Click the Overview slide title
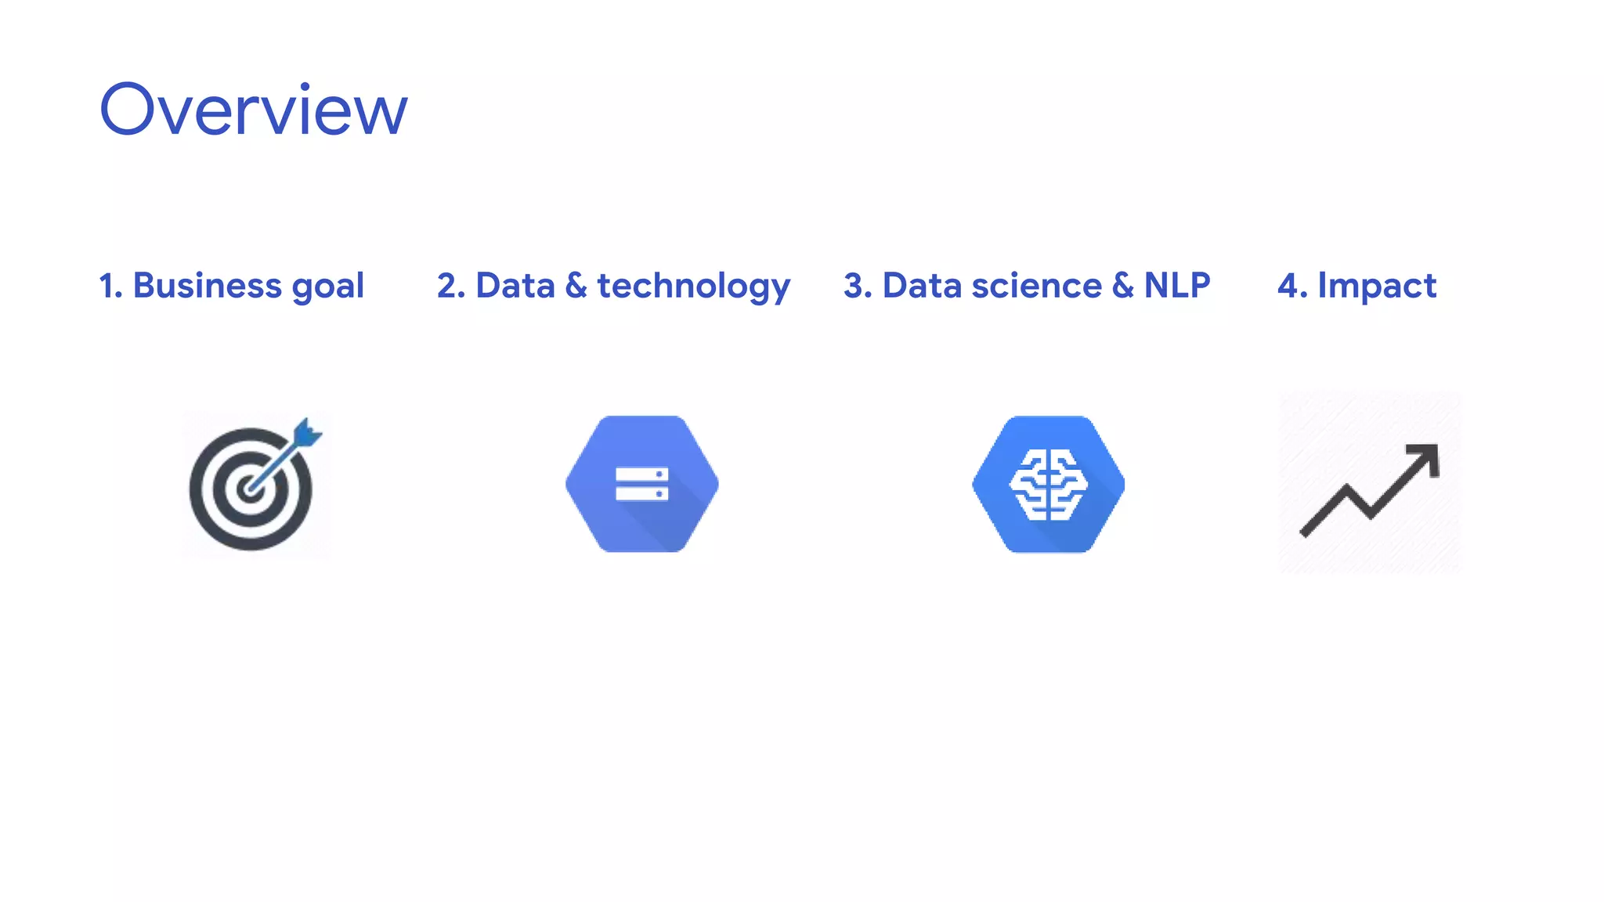253,110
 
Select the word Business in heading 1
207,285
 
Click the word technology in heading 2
693,287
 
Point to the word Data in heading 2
515,285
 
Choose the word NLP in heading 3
1176,285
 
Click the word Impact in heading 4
1377,287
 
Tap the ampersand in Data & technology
576,286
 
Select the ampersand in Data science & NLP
1122,286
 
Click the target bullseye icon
251,489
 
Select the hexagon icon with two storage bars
642,484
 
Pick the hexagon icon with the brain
1049,484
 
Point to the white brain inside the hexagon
1049,485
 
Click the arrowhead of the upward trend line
1427,456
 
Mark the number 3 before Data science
853,286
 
